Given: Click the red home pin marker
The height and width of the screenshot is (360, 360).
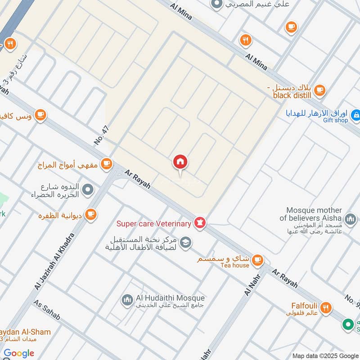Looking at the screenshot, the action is (180, 162).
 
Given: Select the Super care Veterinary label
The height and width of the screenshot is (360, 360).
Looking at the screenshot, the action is (153, 223).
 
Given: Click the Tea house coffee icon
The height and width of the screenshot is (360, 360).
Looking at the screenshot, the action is (257, 260).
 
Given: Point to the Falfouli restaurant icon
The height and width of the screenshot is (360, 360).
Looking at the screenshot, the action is (326, 308).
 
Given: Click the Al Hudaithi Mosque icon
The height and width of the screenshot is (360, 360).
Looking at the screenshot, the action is (127, 299).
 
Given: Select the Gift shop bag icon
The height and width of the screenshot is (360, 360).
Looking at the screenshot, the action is (355, 116).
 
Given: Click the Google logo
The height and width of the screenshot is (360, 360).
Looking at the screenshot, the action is (19, 353).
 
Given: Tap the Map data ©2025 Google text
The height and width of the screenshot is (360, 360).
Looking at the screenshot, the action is (325, 355).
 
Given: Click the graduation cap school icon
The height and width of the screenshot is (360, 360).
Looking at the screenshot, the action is (185, 243).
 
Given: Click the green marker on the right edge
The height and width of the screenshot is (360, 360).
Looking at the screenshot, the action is (347, 324).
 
